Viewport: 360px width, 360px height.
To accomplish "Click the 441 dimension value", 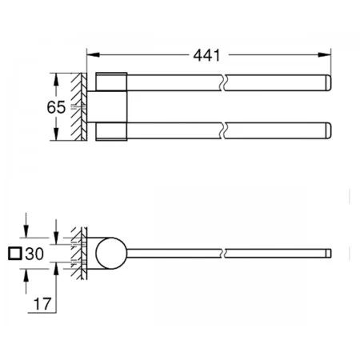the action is (x=206, y=55).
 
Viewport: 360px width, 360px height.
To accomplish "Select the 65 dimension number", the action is (x=56, y=107).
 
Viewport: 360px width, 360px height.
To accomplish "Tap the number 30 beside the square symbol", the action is (x=34, y=254).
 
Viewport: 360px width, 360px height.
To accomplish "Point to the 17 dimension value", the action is (x=42, y=304).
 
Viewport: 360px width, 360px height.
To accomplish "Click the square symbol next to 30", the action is (x=15, y=254).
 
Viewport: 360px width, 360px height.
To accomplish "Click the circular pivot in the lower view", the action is (x=111, y=253).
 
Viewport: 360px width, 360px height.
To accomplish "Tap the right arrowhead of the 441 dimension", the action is (x=324, y=54).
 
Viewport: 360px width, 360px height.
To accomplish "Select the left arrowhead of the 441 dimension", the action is (x=94, y=54).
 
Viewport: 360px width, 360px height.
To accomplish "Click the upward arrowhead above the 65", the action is (x=56, y=79).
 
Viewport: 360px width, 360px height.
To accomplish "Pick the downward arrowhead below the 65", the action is (x=56, y=134).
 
